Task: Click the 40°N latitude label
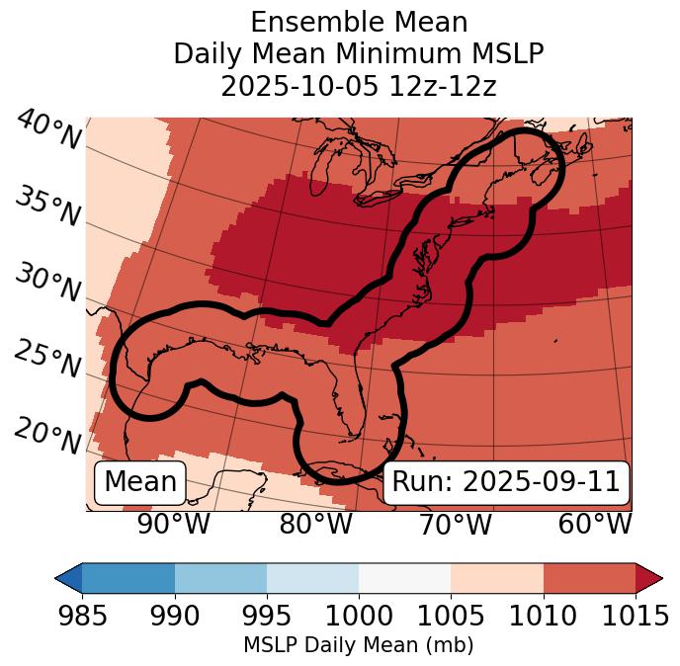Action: coord(48,130)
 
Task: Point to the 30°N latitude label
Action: coord(46,284)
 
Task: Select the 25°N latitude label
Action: coord(46,360)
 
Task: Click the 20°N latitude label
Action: coord(46,435)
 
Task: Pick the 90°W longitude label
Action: coord(174,524)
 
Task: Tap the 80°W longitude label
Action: coord(315,524)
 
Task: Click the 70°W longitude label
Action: coord(455,524)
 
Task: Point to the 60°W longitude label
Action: coord(595,524)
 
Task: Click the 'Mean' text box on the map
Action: coord(140,482)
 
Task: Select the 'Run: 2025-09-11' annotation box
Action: coord(506,482)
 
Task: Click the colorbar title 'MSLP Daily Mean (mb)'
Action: coord(358,646)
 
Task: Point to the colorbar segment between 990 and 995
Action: coord(220,578)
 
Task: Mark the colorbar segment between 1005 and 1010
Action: coord(497,578)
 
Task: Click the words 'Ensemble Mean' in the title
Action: coord(358,22)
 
